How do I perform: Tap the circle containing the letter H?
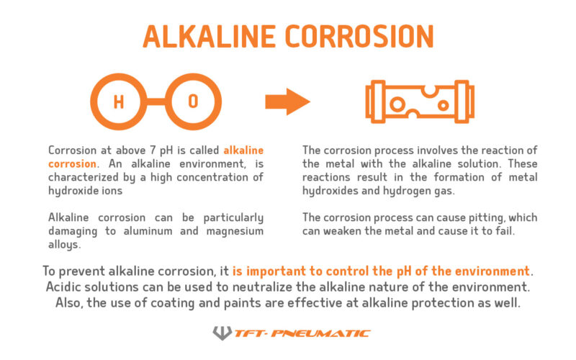[120, 102]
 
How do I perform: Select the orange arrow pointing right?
[287, 102]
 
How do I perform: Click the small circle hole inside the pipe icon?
[397, 105]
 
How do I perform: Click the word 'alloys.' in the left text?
[64, 243]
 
